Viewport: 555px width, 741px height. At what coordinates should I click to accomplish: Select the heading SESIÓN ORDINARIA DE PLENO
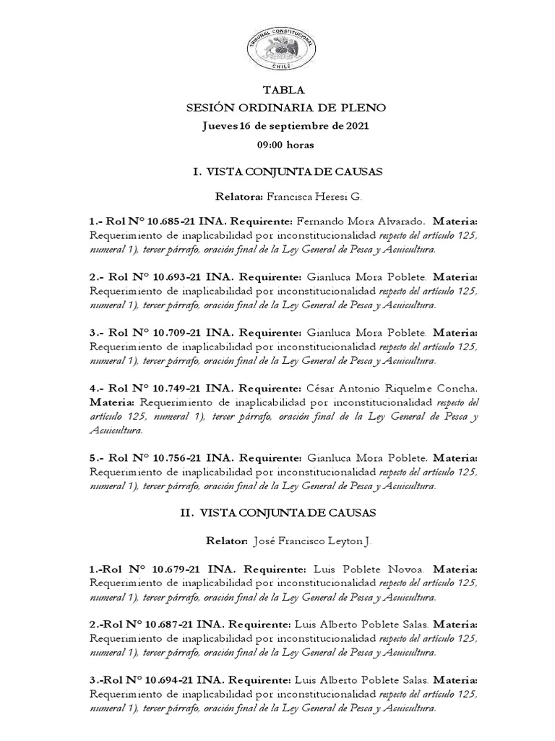[x=286, y=108]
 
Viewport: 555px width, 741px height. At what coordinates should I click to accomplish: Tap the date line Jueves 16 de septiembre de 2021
[x=286, y=126]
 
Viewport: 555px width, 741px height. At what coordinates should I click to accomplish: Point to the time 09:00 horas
[x=285, y=144]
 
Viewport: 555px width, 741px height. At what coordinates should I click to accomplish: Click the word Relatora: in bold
[x=240, y=197]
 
